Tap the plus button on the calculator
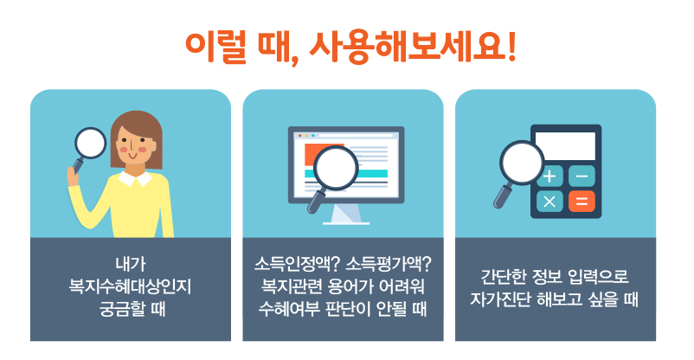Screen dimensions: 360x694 [549, 177]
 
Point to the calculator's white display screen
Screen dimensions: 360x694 [565, 145]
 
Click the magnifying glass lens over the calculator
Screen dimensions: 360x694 [523, 164]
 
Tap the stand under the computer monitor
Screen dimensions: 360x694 [346, 213]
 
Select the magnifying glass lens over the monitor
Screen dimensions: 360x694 [336, 168]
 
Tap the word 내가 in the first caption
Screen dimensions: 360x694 [130, 263]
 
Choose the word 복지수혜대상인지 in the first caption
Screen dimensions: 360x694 [130, 285]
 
